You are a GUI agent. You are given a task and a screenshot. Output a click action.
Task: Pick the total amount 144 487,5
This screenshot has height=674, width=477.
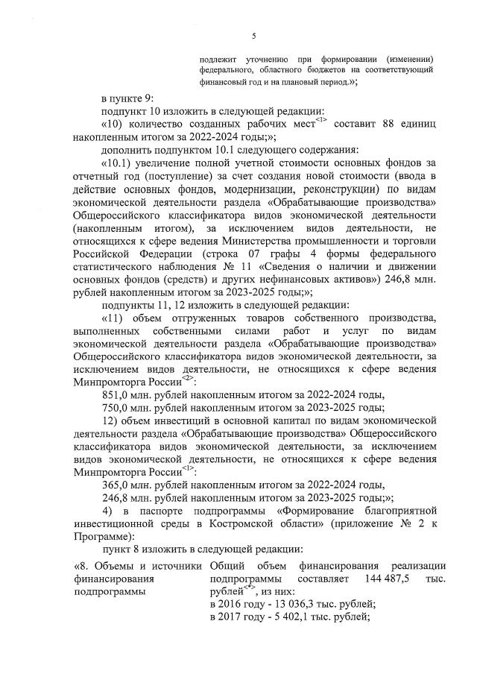click(x=390, y=579)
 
